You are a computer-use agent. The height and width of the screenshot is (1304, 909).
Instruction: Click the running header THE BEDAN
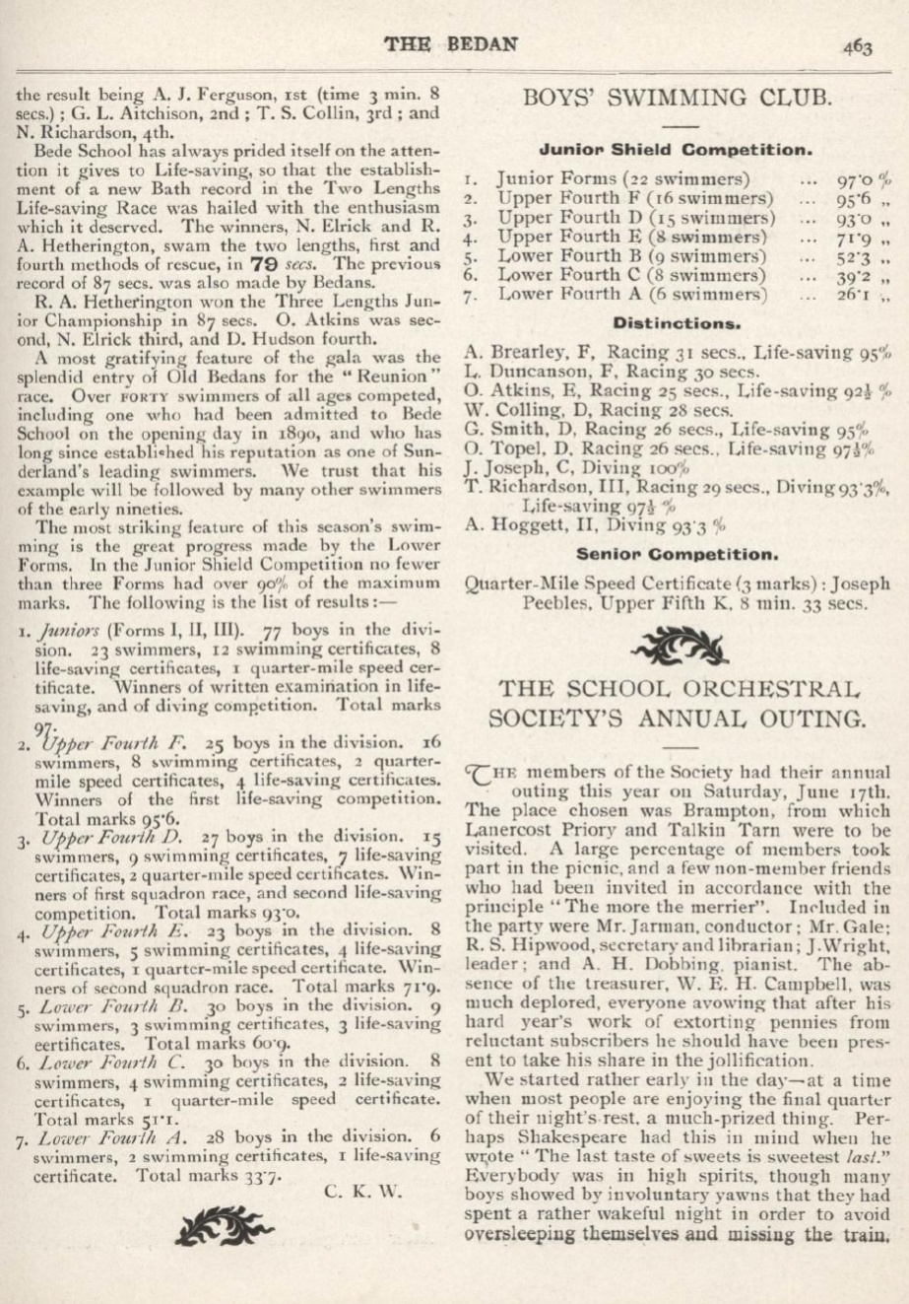[x=454, y=44]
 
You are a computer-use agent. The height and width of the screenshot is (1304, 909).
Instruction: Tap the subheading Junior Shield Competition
[x=676, y=151]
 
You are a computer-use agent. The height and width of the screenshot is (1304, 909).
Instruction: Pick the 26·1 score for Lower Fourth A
[x=860, y=294]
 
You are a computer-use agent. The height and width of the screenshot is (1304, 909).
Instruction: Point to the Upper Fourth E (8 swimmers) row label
[x=632, y=237]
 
